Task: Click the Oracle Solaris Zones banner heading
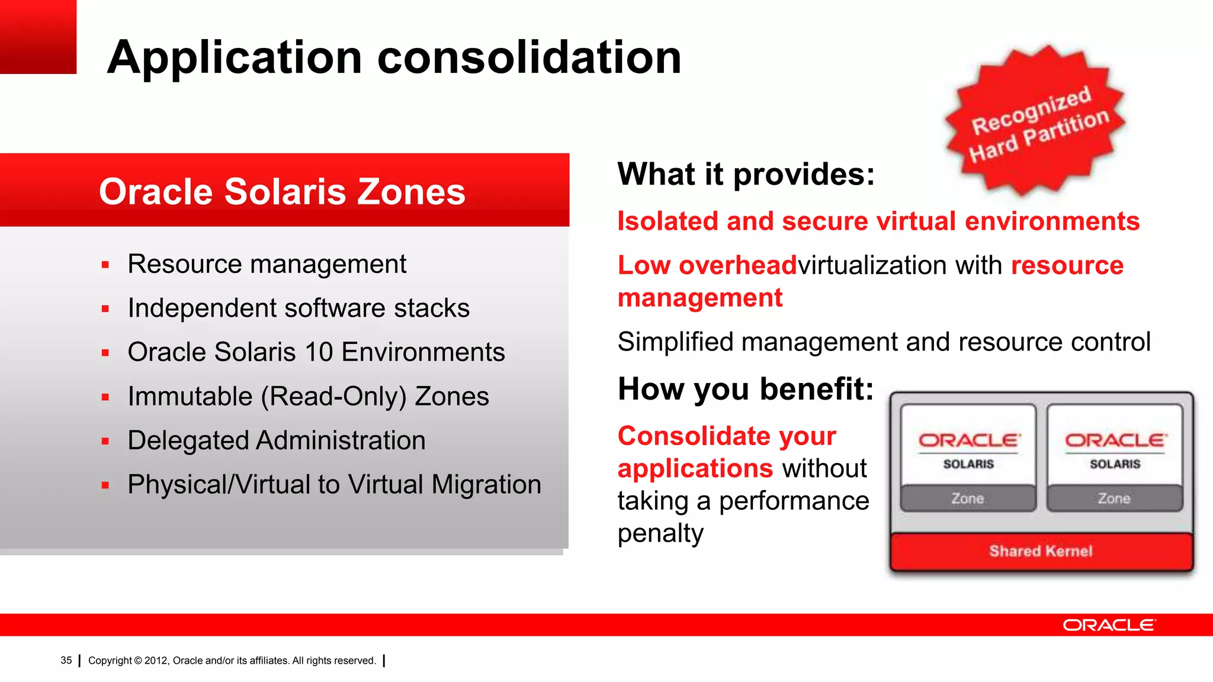(x=282, y=192)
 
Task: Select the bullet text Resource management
(x=267, y=264)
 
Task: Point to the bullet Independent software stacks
(x=299, y=308)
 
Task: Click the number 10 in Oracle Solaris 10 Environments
(x=319, y=352)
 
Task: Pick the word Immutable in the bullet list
(x=190, y=397)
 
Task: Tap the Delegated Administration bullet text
(x=276, y=440)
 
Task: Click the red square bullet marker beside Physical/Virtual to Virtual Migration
(x=105, y=485)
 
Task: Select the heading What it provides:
(x=746, y=174)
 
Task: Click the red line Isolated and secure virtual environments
(x=878, y=221)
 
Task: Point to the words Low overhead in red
(x=707, y=265)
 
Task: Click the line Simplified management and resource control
(x=884, y=342)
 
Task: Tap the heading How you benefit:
(x=745, y=389)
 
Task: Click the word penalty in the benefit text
(x=660, y=533)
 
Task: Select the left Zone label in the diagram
(x=968, y=498)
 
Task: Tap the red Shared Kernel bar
(x=1041, y=551)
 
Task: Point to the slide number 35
(x=66, y=660)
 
